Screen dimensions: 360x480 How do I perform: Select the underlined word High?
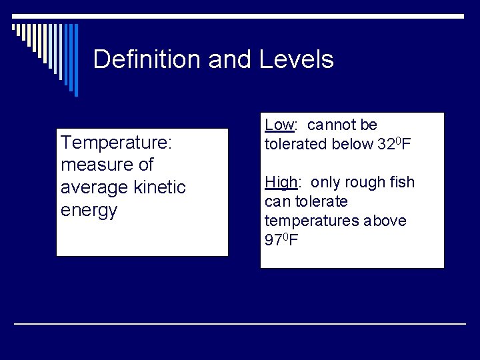[280, 182]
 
